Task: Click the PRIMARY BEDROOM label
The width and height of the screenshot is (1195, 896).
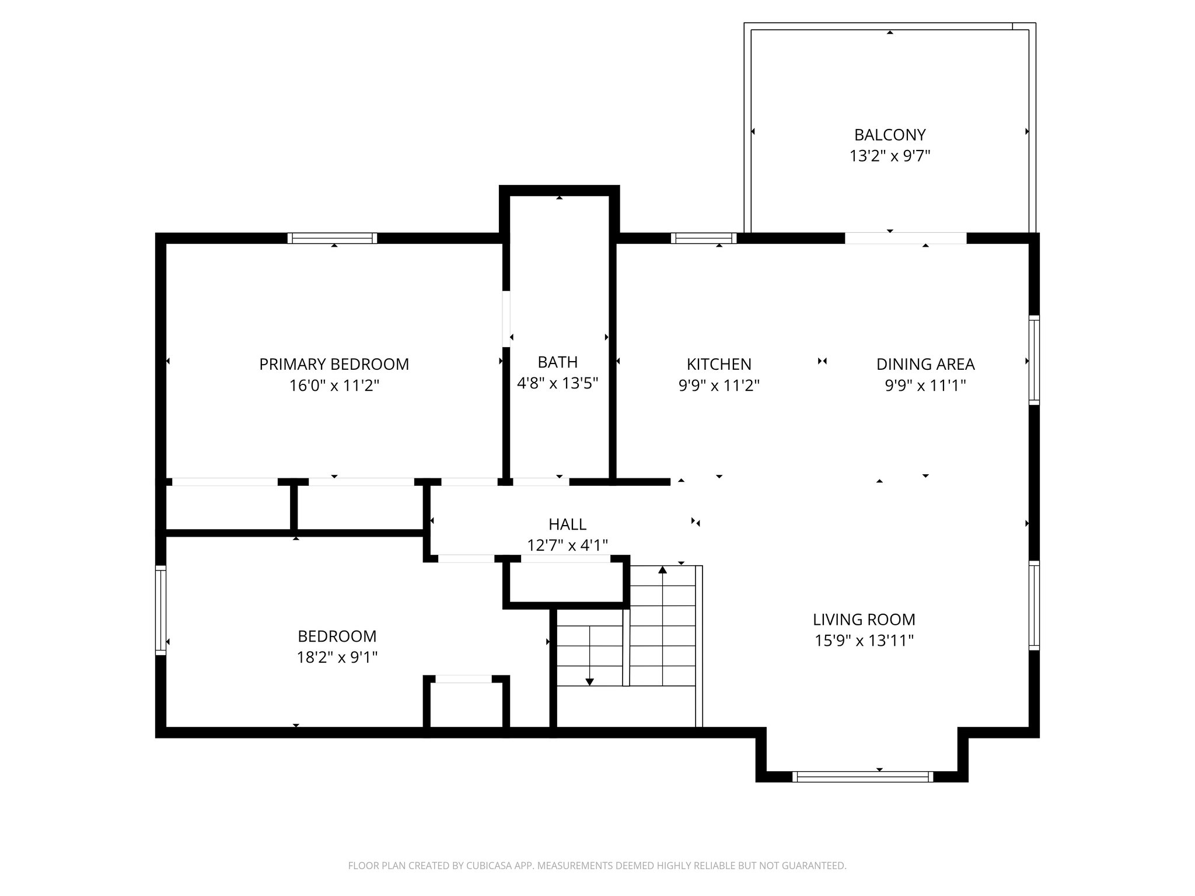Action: [334, 364]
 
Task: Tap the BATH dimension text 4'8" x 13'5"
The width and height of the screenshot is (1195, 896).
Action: [558, 383]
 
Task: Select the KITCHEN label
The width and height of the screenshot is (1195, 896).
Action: [718, 364]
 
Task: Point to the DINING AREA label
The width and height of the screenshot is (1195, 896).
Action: [925, 364]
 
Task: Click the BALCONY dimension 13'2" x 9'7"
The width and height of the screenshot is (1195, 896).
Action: [889, 156]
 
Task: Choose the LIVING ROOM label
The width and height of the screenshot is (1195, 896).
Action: [864, 619]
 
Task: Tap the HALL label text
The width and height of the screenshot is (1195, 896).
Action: [567, 524]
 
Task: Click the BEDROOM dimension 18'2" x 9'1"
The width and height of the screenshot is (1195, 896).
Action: [337, 657]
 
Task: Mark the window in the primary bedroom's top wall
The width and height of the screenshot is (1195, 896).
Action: [332, 238]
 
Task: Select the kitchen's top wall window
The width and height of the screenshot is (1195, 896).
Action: [703, 238]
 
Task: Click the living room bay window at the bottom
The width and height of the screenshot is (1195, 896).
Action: [862, 776]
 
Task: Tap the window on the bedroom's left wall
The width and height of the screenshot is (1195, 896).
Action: [160, 610]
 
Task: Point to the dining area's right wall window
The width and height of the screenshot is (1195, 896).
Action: [1033, 360]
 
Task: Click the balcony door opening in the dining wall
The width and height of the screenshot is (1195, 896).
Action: [906, 238]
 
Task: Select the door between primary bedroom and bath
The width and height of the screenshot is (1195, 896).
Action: [506, 319]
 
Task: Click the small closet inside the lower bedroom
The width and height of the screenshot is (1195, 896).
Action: [466, 705]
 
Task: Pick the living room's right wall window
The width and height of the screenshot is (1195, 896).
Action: [1033, 605]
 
